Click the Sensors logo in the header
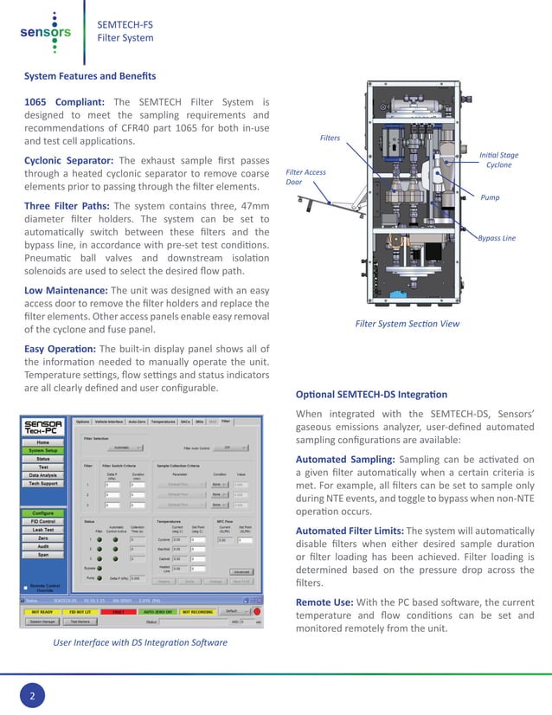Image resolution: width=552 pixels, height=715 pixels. (44, 33)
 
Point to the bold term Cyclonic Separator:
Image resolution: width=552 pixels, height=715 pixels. (69, 160)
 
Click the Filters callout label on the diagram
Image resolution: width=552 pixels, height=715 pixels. (330, 138)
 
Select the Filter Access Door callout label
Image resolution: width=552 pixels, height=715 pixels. (305, 177)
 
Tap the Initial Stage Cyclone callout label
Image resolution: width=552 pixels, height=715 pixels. (498, 159)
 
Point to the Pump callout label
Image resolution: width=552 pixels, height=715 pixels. (490, 198)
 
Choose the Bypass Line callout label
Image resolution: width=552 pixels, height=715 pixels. (497, 237)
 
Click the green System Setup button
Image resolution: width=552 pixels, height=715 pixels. (43, 450)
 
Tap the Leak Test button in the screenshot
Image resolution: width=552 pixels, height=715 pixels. (43, 531)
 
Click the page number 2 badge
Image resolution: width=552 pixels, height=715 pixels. (32, 695)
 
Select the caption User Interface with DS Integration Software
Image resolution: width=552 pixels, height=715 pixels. (140, 642)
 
